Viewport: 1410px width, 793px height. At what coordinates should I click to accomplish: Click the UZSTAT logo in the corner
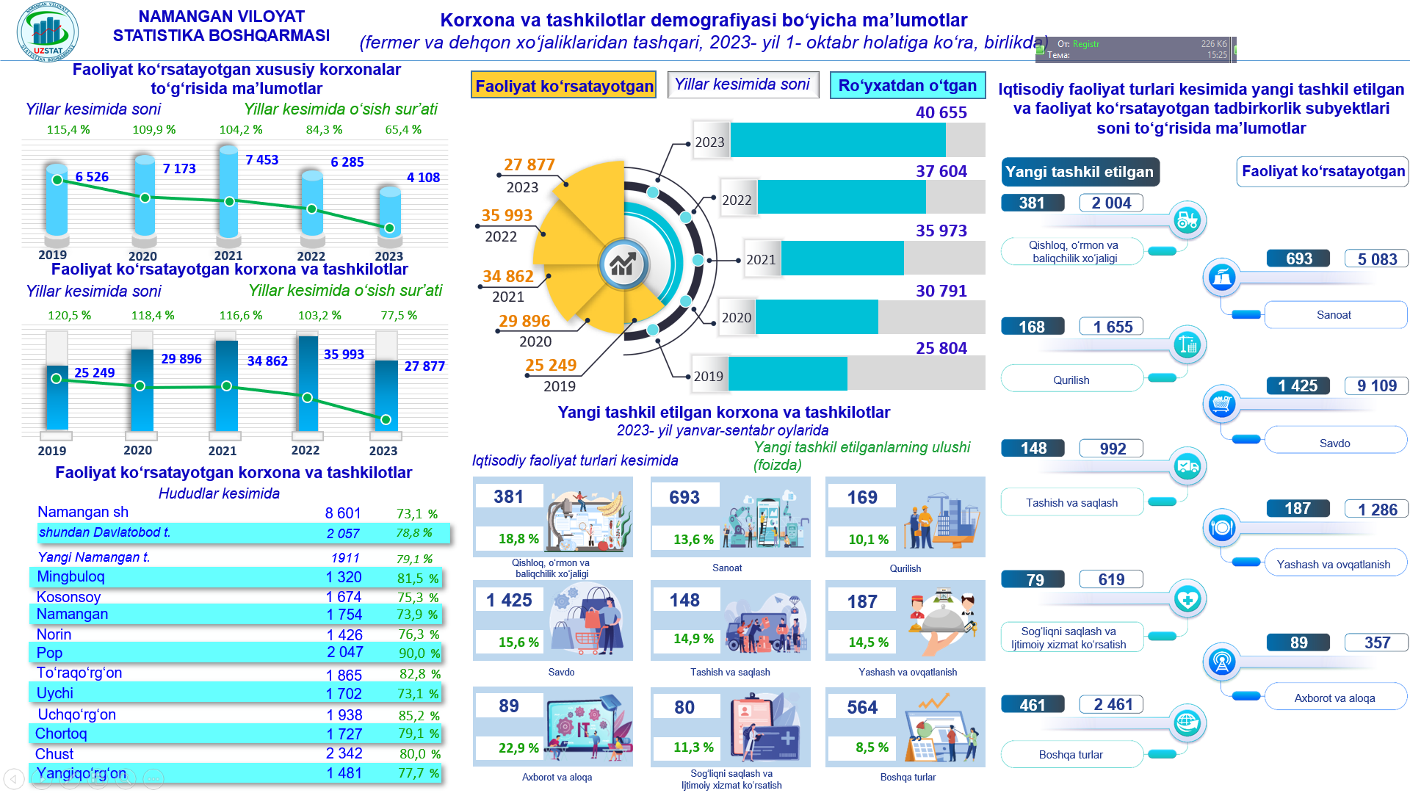point(47,32)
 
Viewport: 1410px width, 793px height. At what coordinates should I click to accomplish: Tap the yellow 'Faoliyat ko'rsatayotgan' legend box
point(563,86)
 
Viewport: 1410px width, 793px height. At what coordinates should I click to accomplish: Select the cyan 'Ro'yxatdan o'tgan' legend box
point(907,85)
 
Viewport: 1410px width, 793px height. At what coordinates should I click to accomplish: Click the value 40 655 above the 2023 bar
point(941,112)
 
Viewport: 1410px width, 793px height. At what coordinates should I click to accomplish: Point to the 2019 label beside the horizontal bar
point(709,376)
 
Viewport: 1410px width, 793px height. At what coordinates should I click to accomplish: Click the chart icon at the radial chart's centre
point(623,264)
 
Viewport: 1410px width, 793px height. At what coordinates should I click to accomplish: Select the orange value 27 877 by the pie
point(529,164)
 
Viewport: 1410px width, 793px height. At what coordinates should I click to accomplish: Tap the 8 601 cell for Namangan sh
point(343,513)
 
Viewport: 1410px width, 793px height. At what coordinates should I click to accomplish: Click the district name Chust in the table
point(54,754)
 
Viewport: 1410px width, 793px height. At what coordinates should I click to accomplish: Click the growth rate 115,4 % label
point(68,129)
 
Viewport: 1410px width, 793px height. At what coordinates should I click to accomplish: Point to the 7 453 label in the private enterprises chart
point(262,159)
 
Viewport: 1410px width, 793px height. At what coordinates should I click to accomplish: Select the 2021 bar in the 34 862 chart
point(226,385)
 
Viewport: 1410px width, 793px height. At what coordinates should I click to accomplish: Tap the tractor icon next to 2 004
point(1187,220)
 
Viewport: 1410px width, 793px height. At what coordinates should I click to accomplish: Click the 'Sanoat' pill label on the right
point(1334,315)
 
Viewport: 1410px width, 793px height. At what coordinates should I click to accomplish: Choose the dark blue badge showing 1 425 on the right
point(1298,385)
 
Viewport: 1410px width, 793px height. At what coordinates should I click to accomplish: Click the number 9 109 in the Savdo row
point(1377,385)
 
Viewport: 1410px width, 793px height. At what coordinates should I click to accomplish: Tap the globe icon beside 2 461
point(1187,723)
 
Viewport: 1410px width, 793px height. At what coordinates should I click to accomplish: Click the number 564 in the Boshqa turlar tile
point(862,707)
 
